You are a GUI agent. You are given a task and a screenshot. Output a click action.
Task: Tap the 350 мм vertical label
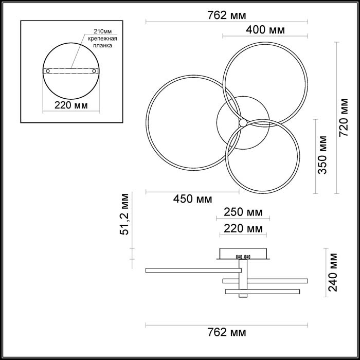323,155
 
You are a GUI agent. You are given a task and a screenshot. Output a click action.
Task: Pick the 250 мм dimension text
244,212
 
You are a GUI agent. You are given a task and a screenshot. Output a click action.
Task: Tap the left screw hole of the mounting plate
48,70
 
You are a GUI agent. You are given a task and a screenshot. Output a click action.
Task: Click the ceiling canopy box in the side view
243,254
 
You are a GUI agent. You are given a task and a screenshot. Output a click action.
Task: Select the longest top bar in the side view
193,270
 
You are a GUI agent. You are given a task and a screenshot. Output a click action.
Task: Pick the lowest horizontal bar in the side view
262,292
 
